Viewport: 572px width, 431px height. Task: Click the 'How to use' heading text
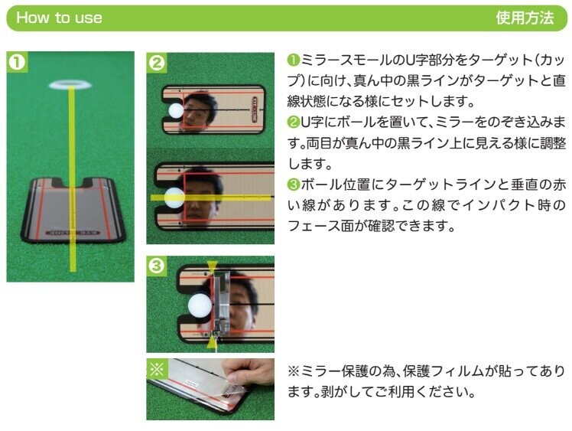click(59, 18)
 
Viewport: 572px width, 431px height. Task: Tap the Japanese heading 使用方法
click(525, 18)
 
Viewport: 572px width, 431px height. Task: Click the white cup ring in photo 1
click(70, 86)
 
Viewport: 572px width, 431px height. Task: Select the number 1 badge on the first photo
click(17, 62)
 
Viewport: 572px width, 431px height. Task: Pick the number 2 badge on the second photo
click(157, 63)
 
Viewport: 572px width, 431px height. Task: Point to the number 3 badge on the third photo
click(157, 266)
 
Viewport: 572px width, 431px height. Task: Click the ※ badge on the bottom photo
click(158, 369)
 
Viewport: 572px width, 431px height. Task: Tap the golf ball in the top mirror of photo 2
click(176, 110)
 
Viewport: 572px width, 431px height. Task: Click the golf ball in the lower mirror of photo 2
click(175, 198)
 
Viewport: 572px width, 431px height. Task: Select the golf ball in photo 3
click(200, 305)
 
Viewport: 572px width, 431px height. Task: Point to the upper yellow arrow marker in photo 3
click(212, 266)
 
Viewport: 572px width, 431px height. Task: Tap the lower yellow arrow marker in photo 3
click(213, 342)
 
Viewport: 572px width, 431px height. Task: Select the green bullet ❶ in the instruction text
click(294, 60)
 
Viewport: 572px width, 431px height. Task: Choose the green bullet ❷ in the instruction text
click(294, 122)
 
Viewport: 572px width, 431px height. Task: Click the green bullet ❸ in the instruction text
click(294, 184)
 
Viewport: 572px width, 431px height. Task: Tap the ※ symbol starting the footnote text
click(294, 371)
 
